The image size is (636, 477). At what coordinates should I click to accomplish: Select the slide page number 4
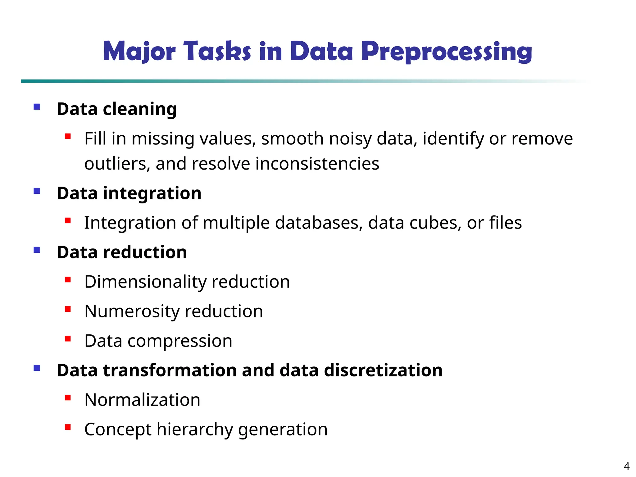click(626, 466)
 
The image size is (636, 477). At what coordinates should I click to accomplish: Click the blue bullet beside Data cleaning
click(37, 107)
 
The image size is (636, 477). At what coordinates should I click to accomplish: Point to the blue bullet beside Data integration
click(37, 191)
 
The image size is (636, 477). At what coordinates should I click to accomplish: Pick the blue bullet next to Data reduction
click(37, 250)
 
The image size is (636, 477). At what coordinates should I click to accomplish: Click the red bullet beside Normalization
click(68, 397)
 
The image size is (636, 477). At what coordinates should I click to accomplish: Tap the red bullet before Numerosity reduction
click(68, 309)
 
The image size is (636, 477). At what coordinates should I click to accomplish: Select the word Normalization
click(142, 400)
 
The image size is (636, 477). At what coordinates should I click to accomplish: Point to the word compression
click(180, 341)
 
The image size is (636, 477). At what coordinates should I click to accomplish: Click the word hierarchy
click(195, 429)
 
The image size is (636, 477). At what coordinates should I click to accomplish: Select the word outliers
click(117, 164)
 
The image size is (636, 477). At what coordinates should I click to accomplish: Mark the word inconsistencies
click(317, 164)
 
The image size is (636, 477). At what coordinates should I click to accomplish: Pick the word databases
click(319, 223)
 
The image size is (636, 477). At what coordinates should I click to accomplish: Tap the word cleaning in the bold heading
click(140, 109)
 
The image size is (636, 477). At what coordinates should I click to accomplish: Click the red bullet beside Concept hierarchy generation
click(68, 427)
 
